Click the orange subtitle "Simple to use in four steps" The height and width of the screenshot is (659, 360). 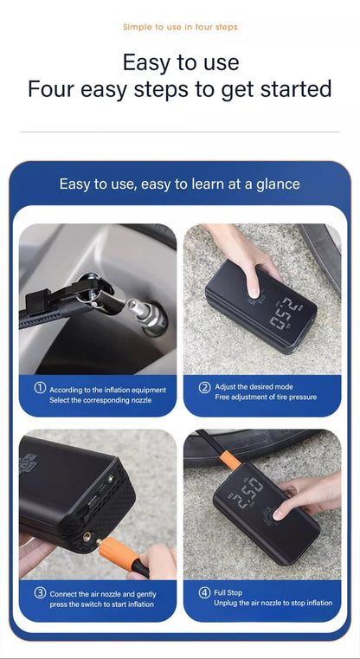pyautogui.click(x=180, y=27)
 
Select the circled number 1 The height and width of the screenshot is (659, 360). pyautogui.click(x=40, y=388)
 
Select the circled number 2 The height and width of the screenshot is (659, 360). pyautogui.click(x=204, y=387)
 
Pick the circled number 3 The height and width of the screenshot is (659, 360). pyautogui.click(x=40, y=593)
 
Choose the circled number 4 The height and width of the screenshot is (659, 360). pyautogui.click(x=204, y=592)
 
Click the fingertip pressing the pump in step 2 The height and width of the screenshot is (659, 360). pyautogui.click(x=254, y=291)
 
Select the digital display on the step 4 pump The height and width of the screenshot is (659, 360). pyautogui.click(x=246, y=494)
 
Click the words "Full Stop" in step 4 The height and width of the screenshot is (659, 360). pyautogui.click(x=228, y=592)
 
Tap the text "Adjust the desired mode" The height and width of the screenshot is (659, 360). pyautogui.click(x=254, y=387)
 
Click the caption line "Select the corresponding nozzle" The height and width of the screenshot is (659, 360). pyautogui.click(x=100, y=400)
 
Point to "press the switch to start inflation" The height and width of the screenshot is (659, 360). pyautogui.click(x=101, y=604)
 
